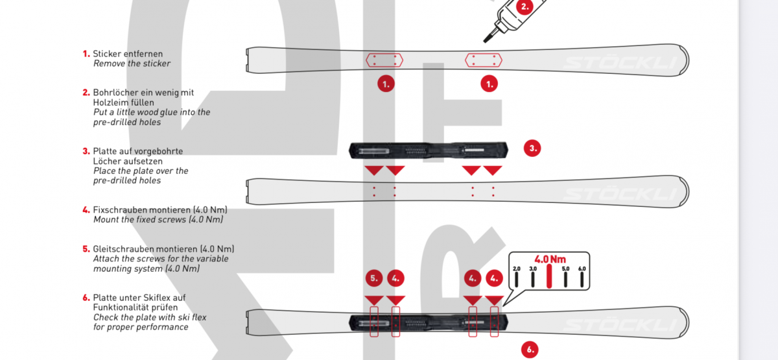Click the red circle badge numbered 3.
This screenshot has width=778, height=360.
pos(532,149)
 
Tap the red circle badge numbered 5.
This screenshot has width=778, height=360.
pos(374,278)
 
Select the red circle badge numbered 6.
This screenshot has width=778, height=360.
pos(530,350)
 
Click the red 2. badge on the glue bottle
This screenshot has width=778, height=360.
pos(525,6)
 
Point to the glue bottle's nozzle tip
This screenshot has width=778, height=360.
pos(485,42)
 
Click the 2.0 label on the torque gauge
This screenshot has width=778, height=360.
pos(517,269)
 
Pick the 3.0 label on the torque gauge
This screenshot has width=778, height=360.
pos(533,269)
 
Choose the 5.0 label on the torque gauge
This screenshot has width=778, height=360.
pos(565,269)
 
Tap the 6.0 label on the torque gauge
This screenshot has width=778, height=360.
pos(582,269)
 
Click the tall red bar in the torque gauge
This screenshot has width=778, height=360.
pos(549,276)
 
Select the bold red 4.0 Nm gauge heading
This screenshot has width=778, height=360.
pos(550,259)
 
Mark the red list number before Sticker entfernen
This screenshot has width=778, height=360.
pos(86,54)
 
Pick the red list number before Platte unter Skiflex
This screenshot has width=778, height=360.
pos(86,298)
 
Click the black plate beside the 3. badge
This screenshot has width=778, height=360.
pos(429,150)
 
